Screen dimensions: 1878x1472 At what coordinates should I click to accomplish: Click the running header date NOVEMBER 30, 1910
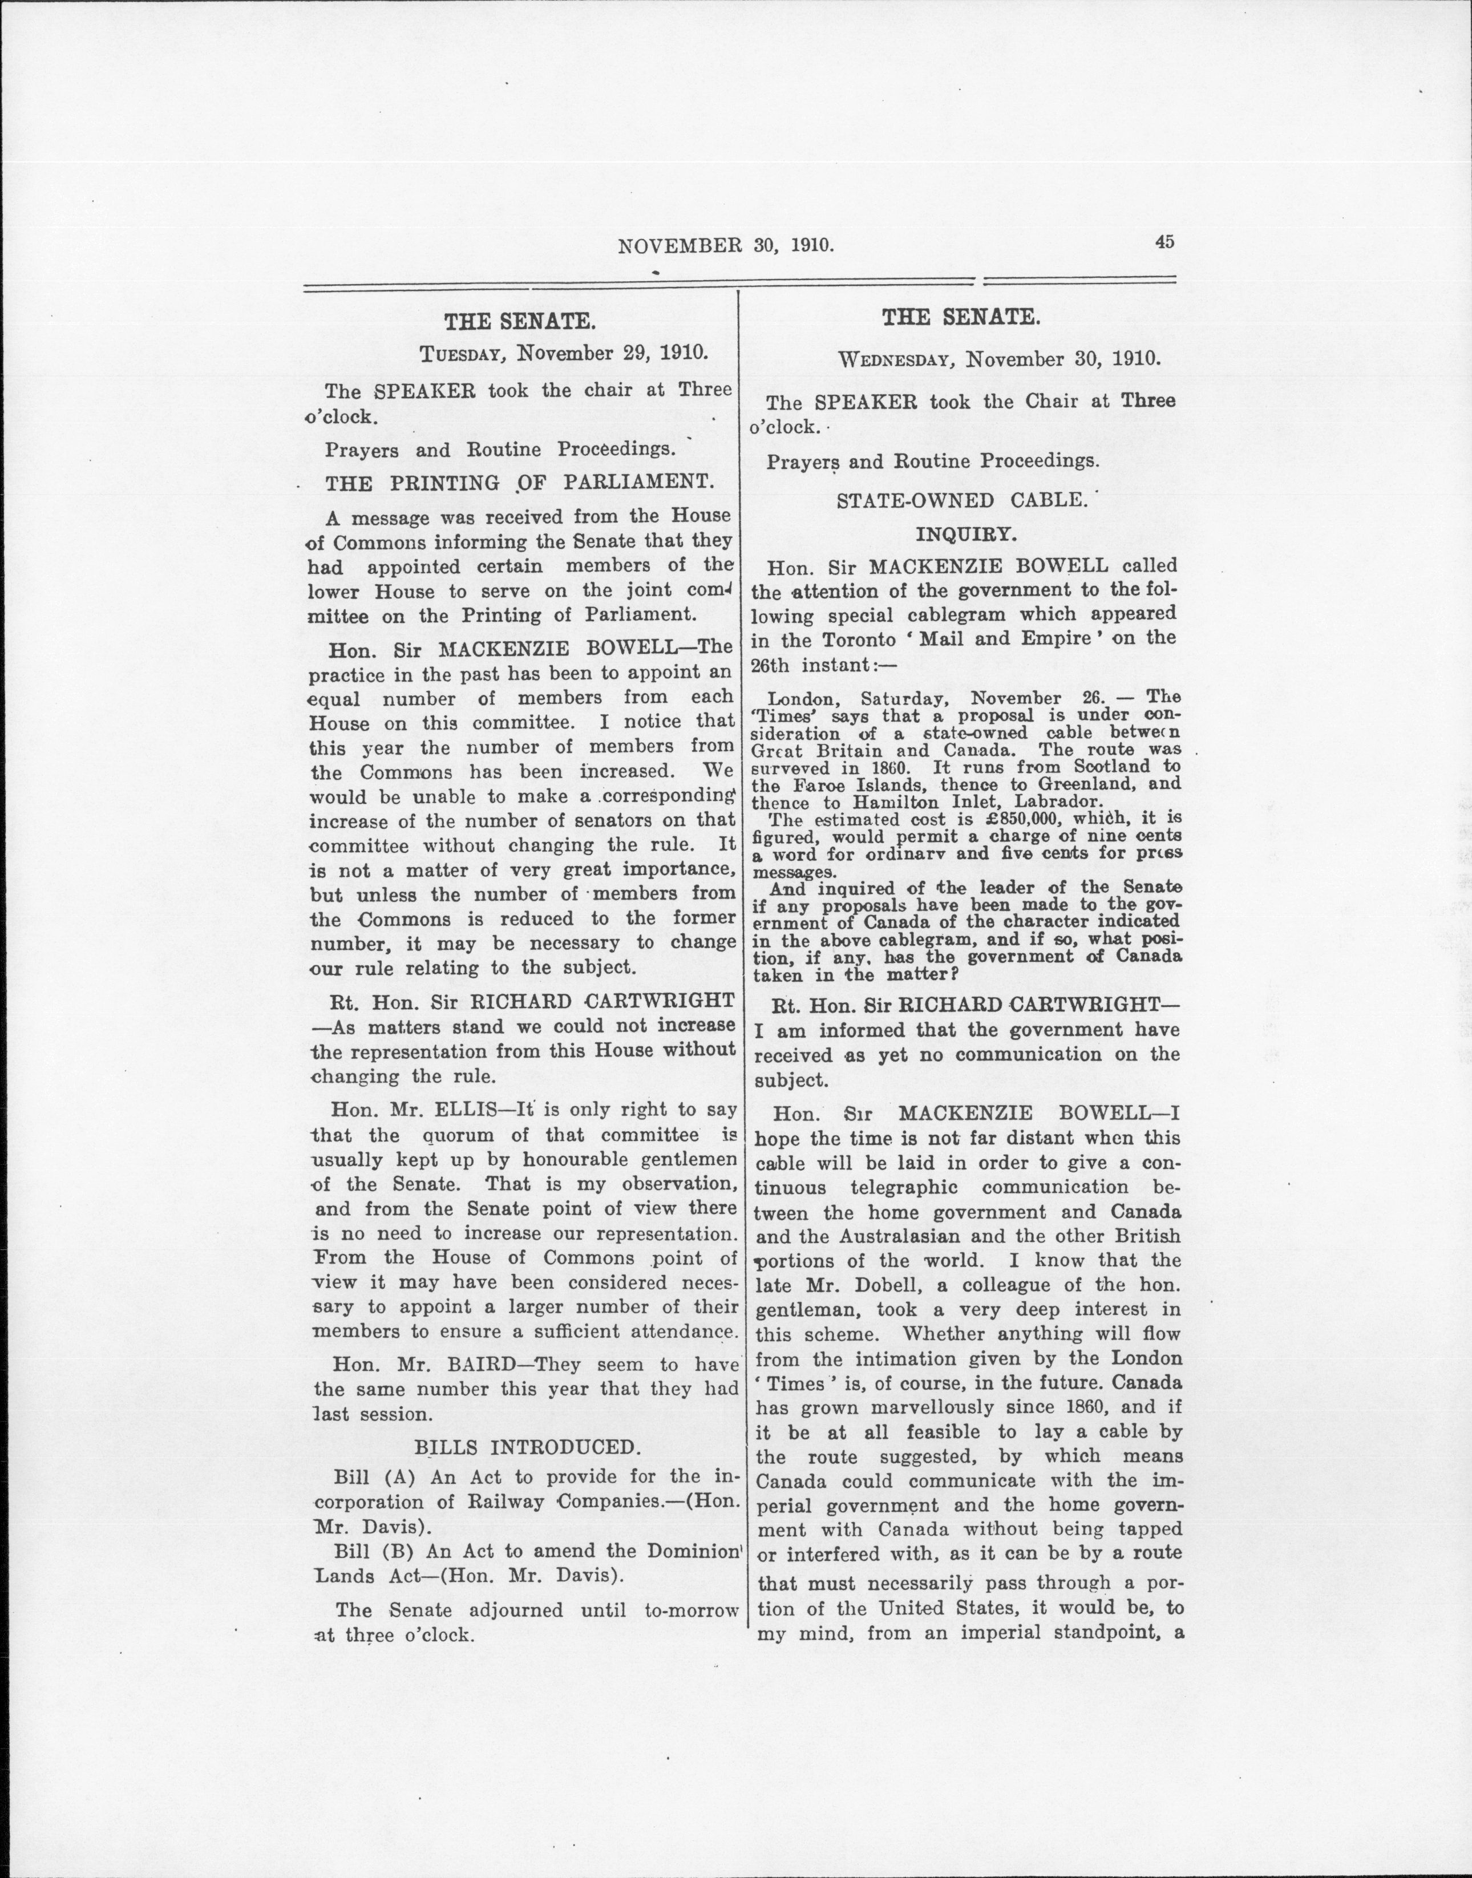coord(726,246)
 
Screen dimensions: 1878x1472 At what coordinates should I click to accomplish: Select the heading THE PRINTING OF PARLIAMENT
coord(520,484)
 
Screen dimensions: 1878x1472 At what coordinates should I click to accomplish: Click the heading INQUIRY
coord(965,535)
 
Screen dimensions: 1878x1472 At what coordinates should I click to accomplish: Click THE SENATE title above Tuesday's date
coord(519,322)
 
